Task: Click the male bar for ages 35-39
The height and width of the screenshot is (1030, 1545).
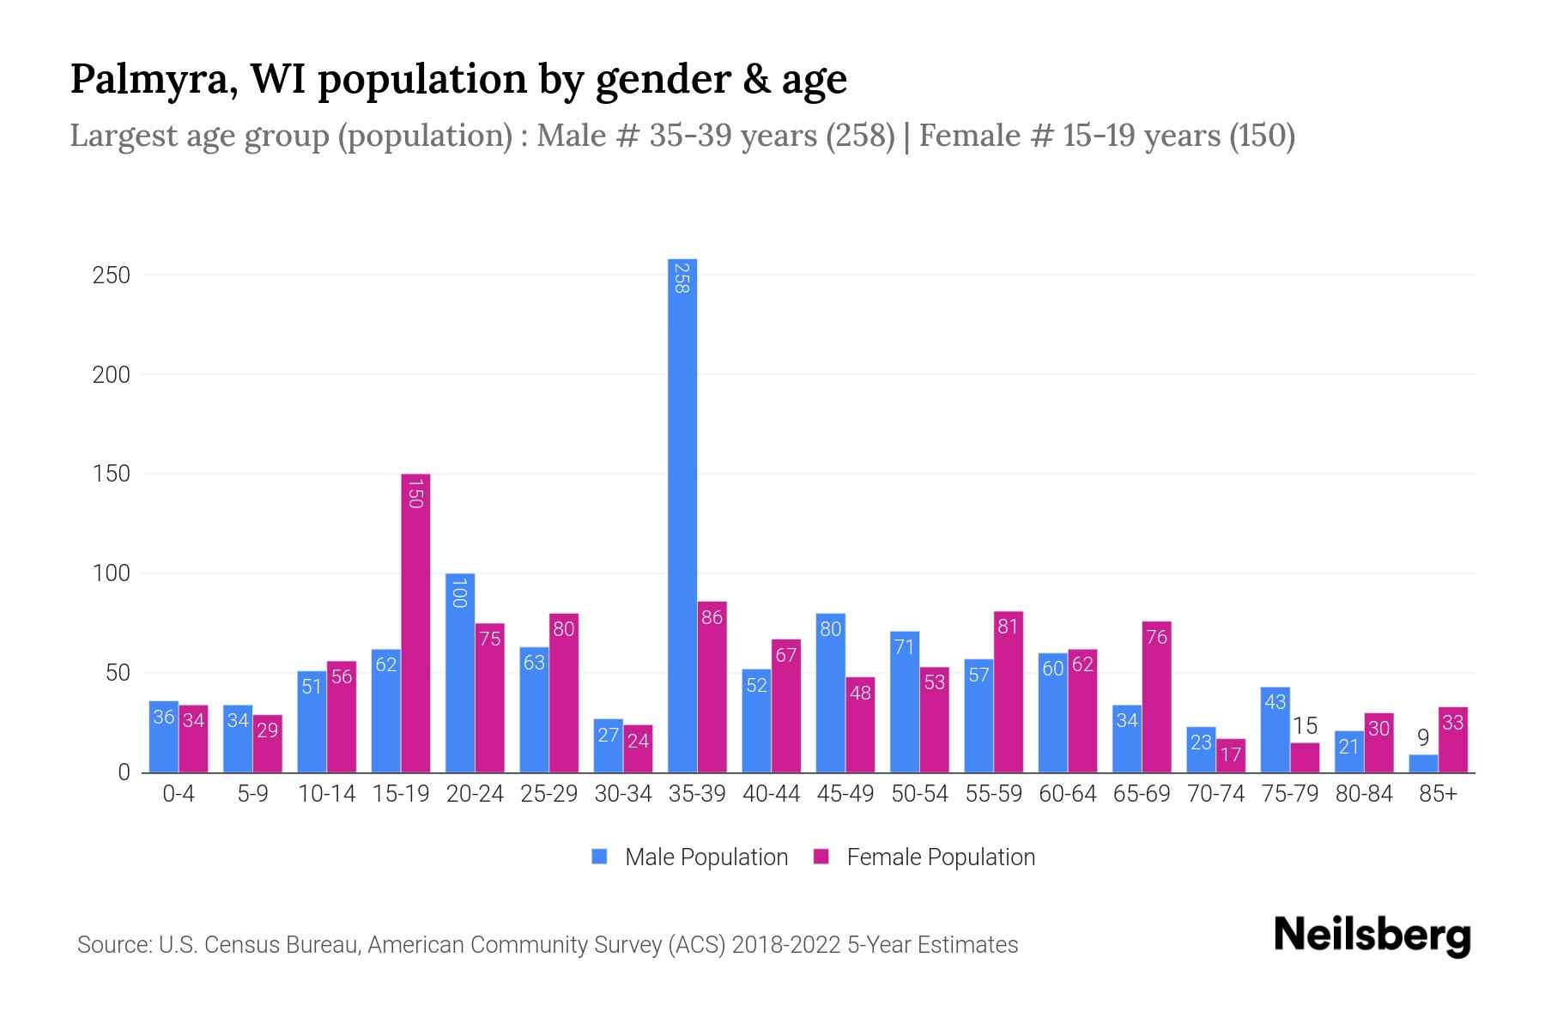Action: click(682, 515)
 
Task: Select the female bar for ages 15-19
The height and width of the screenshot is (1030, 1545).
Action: click(415, 623)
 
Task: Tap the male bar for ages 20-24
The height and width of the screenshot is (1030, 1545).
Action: click(460, 673)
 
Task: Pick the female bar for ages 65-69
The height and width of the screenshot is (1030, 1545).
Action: click(1156, 697)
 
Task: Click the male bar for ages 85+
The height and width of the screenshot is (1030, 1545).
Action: click(1423, 764)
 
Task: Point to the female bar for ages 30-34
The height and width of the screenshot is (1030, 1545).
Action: click(638, 748)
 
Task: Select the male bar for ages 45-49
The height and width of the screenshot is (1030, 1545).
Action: click(830, 693)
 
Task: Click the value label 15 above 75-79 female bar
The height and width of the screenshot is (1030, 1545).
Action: click(1305, 726)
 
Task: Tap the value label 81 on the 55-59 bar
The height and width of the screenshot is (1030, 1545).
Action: click(1008, 627)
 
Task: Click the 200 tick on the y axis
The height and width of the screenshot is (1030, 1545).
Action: click(112, 375)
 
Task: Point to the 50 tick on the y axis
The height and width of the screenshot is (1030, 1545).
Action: click(118, 673)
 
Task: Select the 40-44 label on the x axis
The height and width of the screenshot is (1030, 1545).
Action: click(771, 794)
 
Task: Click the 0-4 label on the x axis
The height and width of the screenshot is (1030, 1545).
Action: click(179, 794)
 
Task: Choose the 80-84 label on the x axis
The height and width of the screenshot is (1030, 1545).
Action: click(1364, 794)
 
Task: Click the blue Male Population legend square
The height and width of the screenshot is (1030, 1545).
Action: click(599, 857)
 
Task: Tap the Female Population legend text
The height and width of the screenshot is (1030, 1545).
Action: click(941, 857)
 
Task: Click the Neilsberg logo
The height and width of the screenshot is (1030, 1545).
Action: click(1372, 936)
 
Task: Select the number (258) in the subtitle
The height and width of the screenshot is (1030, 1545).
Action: click(860, 136)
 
